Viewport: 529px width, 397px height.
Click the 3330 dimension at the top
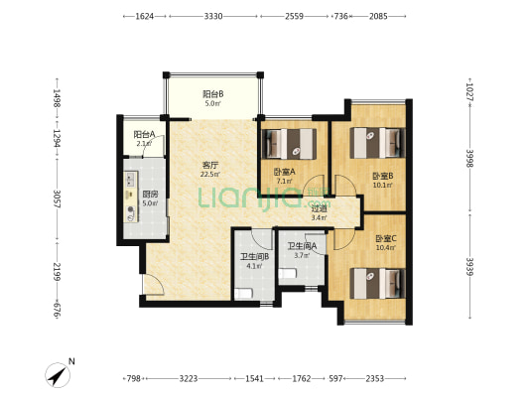(213, 16)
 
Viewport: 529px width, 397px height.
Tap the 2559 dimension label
(294, 16)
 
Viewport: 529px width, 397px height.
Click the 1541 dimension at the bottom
(254, 379)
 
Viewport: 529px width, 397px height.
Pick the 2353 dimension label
(375, 379)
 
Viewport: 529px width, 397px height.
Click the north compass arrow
(58, 376)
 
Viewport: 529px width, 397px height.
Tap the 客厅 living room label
(210, 166)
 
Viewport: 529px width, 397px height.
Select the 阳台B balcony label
(212, 94)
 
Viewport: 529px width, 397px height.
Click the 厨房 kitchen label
(150, 195)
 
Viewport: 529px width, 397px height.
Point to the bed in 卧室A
(289, 143)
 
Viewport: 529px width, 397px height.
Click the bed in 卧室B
(377, 142)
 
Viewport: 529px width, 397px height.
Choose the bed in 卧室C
(377, 283)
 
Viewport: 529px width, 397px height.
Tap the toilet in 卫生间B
(243, 294)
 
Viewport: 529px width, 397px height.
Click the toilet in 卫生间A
(288, 273)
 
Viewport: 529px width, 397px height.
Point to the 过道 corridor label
(319, 208)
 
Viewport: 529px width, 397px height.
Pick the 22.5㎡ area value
(210, 175)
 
